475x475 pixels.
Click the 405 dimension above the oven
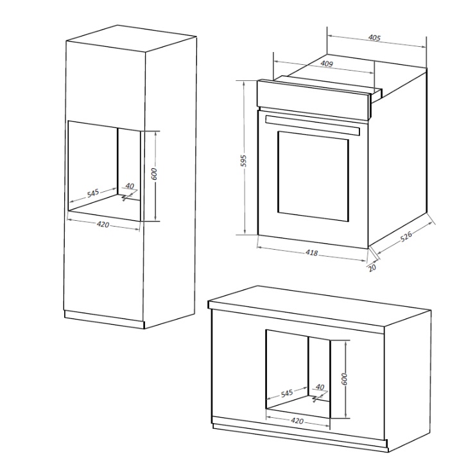pyautogui.click(x=374, y=38)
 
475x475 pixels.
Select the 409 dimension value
pyautogui.click(x=327, y=64)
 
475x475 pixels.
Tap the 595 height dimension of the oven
pyautogui.click(x=243, y=161)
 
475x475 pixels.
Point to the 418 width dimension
pyautogui.click(x=311, y=252)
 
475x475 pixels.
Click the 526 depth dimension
pyautogui.click(x=406, y=236)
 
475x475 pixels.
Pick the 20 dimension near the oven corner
pyautogui.click(x=372, y=268)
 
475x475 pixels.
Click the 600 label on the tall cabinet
pyautogui.click(x=154, y=174)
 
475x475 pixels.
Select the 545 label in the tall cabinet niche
pyautogui.click(x=93, y=193)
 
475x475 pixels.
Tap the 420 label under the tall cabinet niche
pyautogui.click(x=103, y=225)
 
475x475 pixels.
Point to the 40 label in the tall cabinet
pyautogui.click(x=130, y=186)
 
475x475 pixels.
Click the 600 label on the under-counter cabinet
pyautogui.click(x=344, y=379)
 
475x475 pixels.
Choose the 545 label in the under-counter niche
pyautogui.click(x=286, y=393)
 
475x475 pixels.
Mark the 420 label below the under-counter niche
pyautogui.click(x=297, y=421)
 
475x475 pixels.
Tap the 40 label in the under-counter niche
pyautogui.click(x=320, y=387)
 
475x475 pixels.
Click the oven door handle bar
pyautogui.click(x=313, y=125)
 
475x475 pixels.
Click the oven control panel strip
pyautogui.click(x=314, y=99)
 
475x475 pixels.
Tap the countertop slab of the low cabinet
pyautogui.click(x=320, y=307)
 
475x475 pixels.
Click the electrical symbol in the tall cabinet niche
pyautogui.click(x=125, y=198)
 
